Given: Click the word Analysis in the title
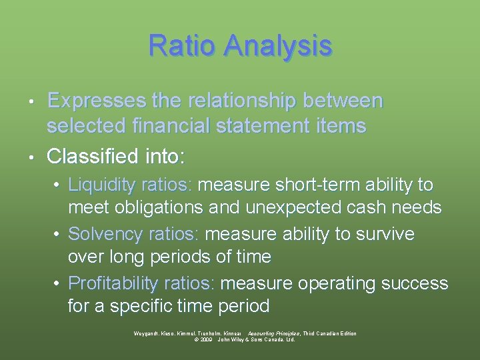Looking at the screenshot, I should [x=278, y=46].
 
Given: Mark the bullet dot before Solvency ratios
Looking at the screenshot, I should [x=59, y=235].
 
